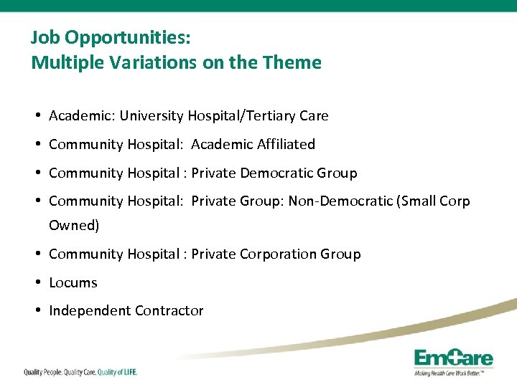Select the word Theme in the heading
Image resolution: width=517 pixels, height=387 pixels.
tap(294, 62)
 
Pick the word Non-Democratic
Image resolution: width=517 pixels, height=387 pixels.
tap(340, 201)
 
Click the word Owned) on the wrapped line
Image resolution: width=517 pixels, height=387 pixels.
tap(74, 225)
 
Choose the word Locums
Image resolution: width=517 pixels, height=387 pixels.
tap(73, 282)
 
